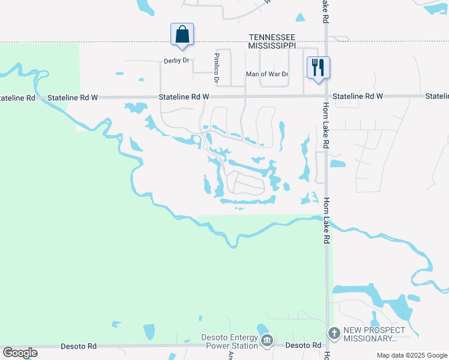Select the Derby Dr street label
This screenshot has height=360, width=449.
click(176, 61)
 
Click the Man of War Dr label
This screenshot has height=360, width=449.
click(267, 75)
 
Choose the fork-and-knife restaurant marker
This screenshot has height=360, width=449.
click(318, 67)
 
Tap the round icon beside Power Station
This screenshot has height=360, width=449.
click(267, 341)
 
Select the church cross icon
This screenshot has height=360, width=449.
click(334, 333)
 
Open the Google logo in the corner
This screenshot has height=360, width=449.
click(20, 353)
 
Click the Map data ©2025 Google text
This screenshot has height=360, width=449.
click(412, 355)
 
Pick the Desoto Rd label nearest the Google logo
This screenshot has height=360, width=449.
click(79, 346)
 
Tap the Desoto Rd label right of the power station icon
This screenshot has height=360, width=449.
click(303, 346)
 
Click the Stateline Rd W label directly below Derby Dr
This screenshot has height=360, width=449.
click(184, 97)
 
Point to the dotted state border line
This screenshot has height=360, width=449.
click(120, 42)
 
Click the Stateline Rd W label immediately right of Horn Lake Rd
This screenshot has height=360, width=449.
click(358, 96)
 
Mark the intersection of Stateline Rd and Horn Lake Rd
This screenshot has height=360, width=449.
click(325, 96)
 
